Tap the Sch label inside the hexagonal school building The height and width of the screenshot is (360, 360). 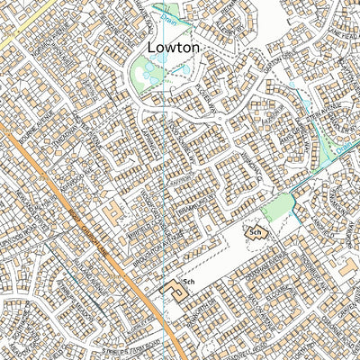click(255, 233)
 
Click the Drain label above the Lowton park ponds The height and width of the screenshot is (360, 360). click(185, 13)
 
